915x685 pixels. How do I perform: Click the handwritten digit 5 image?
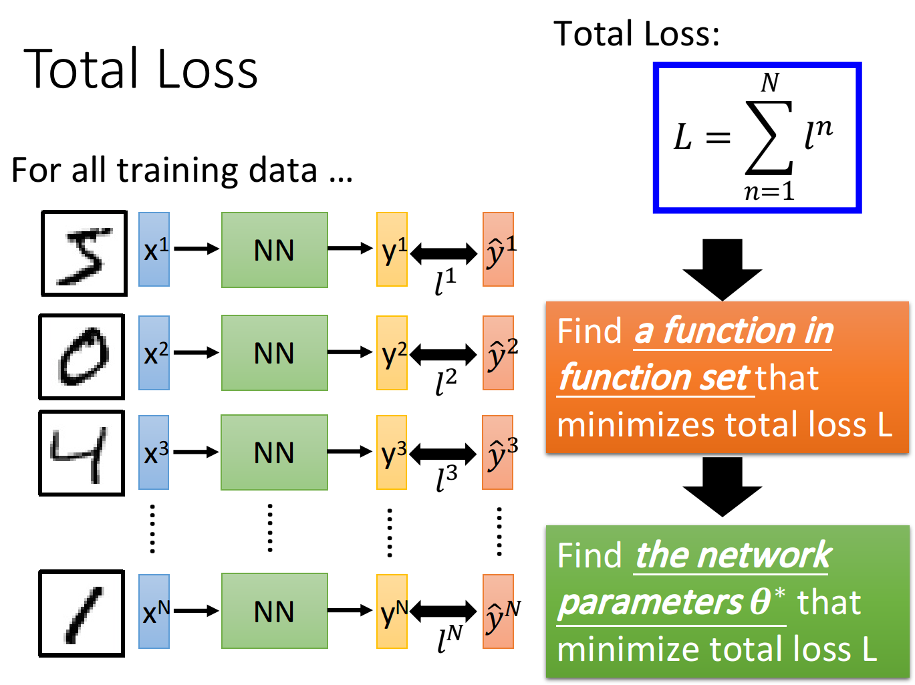pos(84,253)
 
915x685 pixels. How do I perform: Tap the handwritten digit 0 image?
pos(82,357)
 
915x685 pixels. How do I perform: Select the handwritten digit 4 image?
pos(82,453)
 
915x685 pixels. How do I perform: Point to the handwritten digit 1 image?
pos(82,613)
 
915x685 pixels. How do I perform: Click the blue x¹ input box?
pos(154,249)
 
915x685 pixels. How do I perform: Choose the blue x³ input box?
pos(154,452)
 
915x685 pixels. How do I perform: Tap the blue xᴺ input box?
pos(154,611)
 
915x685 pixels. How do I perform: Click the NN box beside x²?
pos(275,353)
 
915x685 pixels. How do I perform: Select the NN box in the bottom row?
pos(275,611)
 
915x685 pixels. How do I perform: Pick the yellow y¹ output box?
pos(392,249)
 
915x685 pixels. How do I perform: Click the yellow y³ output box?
pos(392,452)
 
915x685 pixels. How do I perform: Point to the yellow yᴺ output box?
pos(392,611)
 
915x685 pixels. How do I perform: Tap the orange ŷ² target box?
pos(498,353)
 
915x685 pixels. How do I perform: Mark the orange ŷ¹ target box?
pos(498,249)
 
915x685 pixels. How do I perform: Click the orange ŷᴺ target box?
pos(498,611)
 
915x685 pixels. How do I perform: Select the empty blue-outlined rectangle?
pos(757,138)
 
